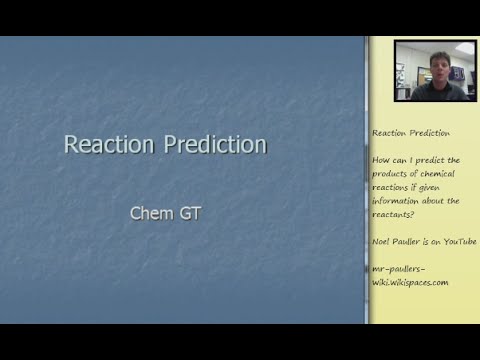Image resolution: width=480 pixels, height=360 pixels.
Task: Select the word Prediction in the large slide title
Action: tap(213, 145)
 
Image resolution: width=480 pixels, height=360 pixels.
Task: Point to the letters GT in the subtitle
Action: tap(191, 213)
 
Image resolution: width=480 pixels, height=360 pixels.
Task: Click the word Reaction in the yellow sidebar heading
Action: tap(390, 133)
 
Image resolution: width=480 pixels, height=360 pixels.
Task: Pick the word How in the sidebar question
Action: tap(380, 160)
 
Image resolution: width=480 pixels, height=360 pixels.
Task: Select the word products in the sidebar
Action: tap(391, 174)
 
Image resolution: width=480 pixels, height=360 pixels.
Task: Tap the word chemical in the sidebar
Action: tap(441, 174)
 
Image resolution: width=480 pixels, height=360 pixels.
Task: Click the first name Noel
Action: tap(382, 242)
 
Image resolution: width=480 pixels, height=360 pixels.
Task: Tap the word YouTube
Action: tap(459, 242)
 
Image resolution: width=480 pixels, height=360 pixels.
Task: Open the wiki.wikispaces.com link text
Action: tap(410, 282)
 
